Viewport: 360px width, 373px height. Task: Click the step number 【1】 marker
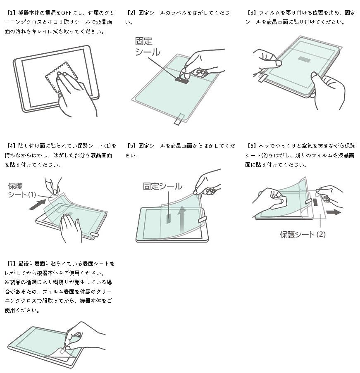click(11, 13)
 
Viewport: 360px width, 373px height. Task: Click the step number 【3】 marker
click(251, 13)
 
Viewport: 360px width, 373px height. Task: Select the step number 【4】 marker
click(11, 146)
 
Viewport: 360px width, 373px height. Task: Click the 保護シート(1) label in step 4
click(23, 190)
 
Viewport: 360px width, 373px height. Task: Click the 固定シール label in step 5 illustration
click(162, 186)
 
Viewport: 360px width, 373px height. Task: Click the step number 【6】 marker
click(251, 146)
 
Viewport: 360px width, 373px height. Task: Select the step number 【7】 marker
click(11, 263)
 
